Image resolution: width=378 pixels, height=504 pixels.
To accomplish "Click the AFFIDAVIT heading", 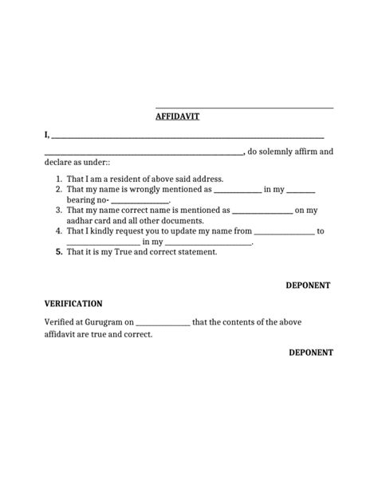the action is (177, 116).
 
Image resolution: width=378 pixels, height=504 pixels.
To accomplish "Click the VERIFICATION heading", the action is (73, 304).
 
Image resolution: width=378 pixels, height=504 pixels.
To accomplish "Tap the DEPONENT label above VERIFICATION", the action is (309, 285).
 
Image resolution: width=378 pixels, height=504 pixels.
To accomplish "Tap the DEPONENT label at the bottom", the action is (311, 352).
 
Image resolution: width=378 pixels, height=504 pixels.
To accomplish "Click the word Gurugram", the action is (101, 322).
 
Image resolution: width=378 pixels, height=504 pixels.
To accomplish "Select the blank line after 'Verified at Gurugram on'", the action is (163, 323).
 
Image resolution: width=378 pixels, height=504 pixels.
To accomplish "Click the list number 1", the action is (58, 179).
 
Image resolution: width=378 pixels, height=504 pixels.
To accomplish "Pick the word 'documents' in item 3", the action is (183, 220).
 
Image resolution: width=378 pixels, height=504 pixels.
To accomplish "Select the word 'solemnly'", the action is (285, 152).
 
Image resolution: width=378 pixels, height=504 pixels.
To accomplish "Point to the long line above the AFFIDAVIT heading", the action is (244, 107).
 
